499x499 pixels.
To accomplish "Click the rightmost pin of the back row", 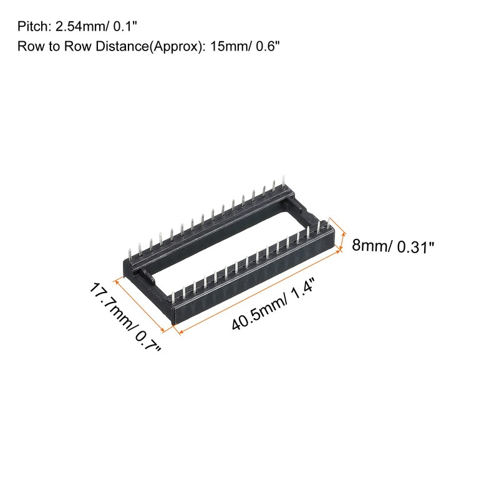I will coord(284,183).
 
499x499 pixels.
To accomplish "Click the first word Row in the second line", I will coord(28,47).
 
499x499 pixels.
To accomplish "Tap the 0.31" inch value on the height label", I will coord(412,247).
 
